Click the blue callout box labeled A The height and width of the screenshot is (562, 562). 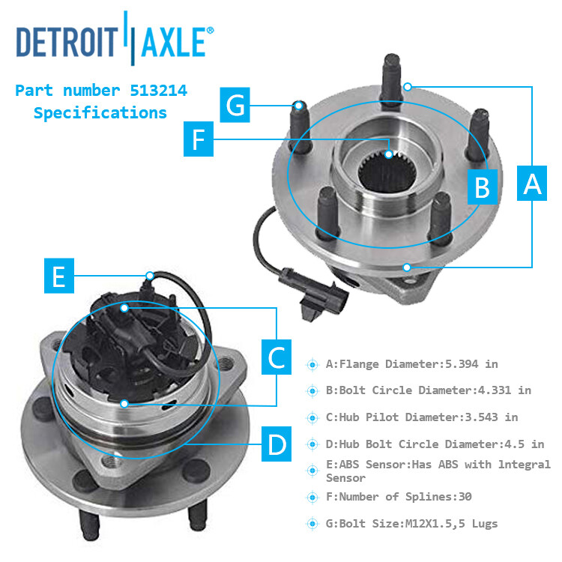tap(531, 183)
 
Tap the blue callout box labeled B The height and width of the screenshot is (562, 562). tap(482, 187)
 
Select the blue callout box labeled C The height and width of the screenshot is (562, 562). tap(277, 357)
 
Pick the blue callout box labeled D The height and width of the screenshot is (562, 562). tap(277, 444)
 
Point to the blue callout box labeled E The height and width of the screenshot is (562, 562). tap(59, 276)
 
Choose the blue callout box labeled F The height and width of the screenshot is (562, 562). tap(199, 139)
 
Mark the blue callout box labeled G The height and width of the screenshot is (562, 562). tap(235, 105)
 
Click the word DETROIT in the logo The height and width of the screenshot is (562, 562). tap(67, 42)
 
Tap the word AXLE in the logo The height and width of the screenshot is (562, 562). tap(174, 42)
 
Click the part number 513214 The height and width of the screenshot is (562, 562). tap(158, 91)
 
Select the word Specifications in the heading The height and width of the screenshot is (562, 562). tap(100, 113)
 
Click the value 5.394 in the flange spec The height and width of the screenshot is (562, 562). tap(462, 364)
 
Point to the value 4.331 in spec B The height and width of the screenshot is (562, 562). tap(495, 390)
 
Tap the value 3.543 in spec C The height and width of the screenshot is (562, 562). tap(481, 417)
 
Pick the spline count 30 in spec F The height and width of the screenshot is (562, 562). tap(465, 497)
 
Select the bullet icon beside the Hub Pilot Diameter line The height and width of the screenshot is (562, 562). tap(312, 417)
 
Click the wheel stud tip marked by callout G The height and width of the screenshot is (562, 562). tap(299, 106)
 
